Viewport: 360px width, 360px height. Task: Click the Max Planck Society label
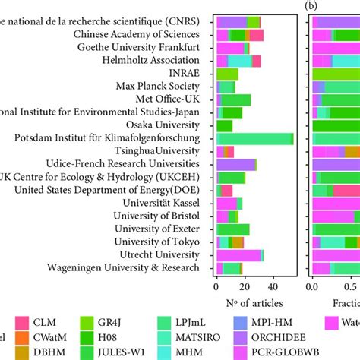tap(163, 87)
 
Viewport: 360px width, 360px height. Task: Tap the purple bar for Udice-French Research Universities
tap(236, 164)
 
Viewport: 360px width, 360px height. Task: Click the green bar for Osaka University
tap(225, 125)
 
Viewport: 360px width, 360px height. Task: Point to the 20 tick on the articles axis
tap(245, 287)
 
